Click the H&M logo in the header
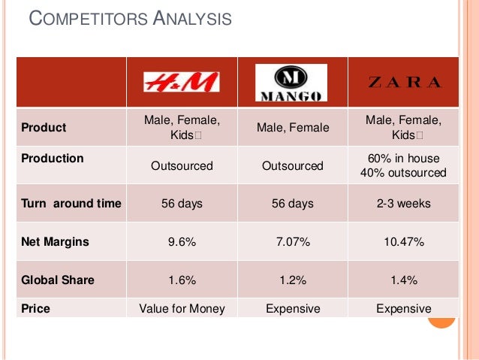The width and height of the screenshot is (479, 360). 182,82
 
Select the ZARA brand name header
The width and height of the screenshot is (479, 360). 405,83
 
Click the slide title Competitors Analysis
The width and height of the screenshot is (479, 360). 130,20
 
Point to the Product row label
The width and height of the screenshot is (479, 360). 44,128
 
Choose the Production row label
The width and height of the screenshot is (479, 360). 53,159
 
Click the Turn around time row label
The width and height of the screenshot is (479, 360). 71,204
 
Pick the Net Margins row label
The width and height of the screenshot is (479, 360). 56,242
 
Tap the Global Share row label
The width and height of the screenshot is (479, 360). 58,280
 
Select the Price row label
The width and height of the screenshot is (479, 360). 35,308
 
